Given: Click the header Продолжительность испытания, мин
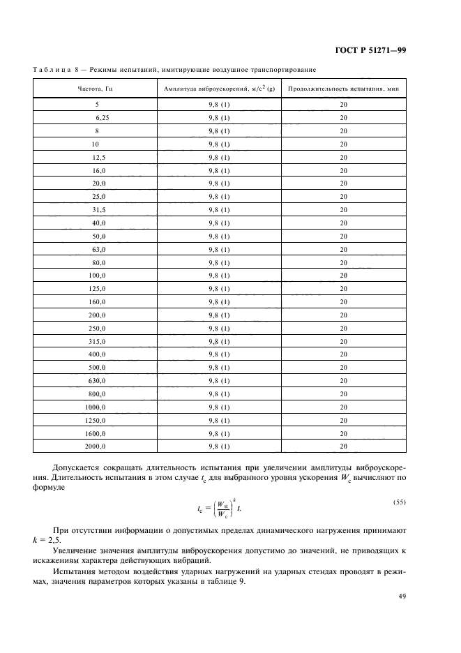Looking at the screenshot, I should coord(343,89).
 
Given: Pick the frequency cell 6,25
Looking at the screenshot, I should coord(103,118).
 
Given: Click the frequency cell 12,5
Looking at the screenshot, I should coord(98,158).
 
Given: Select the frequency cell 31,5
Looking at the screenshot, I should coord(98,210).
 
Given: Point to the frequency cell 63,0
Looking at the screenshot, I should coord(98,249).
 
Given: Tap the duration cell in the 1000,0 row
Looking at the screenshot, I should coord(343,407).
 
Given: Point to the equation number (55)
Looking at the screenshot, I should coord(398,502).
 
